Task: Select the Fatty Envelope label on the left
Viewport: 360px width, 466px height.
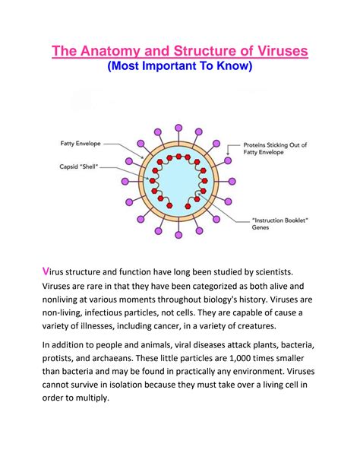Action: [81, 142]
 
